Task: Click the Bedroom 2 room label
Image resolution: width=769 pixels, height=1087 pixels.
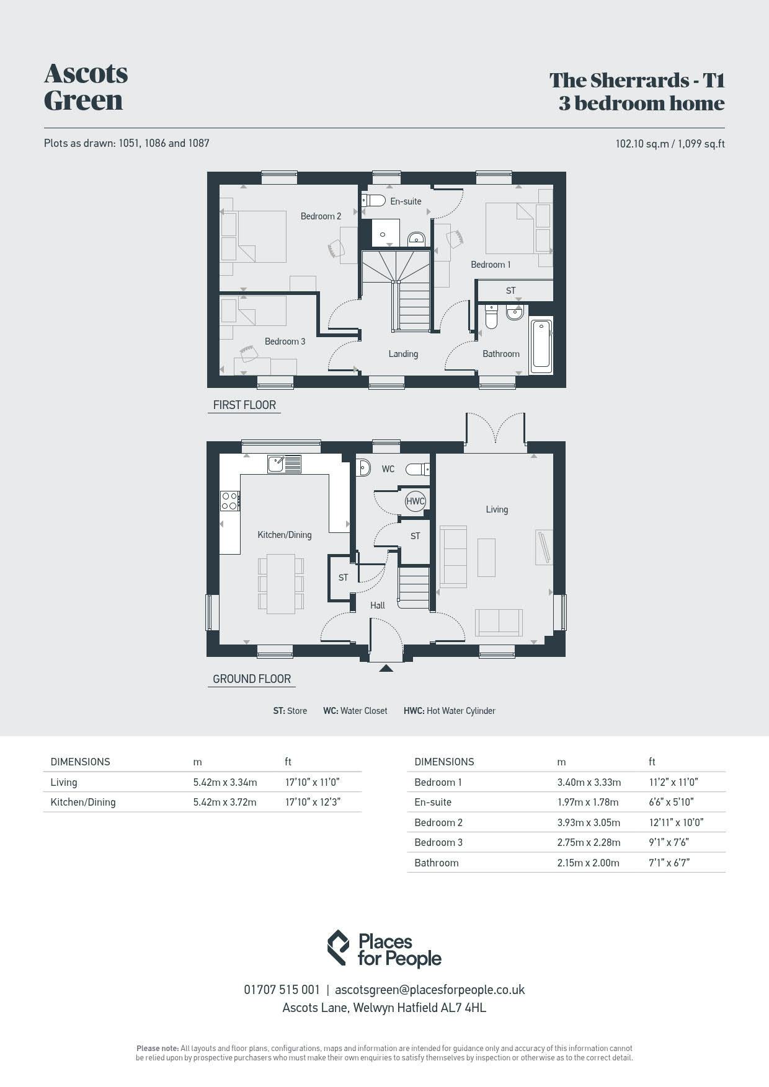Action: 321,216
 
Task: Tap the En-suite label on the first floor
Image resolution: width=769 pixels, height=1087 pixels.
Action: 406,201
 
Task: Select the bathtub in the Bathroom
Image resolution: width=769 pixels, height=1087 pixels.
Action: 541,345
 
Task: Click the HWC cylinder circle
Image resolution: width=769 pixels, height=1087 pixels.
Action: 415,501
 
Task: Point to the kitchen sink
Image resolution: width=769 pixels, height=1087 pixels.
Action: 285,464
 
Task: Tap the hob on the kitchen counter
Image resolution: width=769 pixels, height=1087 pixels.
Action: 230,501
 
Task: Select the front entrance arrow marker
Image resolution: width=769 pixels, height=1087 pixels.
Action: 386,668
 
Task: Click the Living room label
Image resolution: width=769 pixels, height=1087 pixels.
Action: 497,509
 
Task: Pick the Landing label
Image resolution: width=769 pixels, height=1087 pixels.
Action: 403,354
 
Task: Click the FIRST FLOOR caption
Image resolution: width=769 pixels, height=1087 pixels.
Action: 244,405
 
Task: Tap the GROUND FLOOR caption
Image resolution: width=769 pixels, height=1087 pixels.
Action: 252,679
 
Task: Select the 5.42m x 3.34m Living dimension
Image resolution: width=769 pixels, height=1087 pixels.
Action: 225,782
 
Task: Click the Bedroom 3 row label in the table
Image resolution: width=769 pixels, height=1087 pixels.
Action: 438,842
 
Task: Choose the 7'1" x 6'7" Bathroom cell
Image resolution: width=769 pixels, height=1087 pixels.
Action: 669,863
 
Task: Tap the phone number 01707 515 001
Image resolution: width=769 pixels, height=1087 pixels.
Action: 282,990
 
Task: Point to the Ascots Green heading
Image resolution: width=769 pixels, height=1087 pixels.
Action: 86,87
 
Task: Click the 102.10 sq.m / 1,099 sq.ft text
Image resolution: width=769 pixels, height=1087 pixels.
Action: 670,144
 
